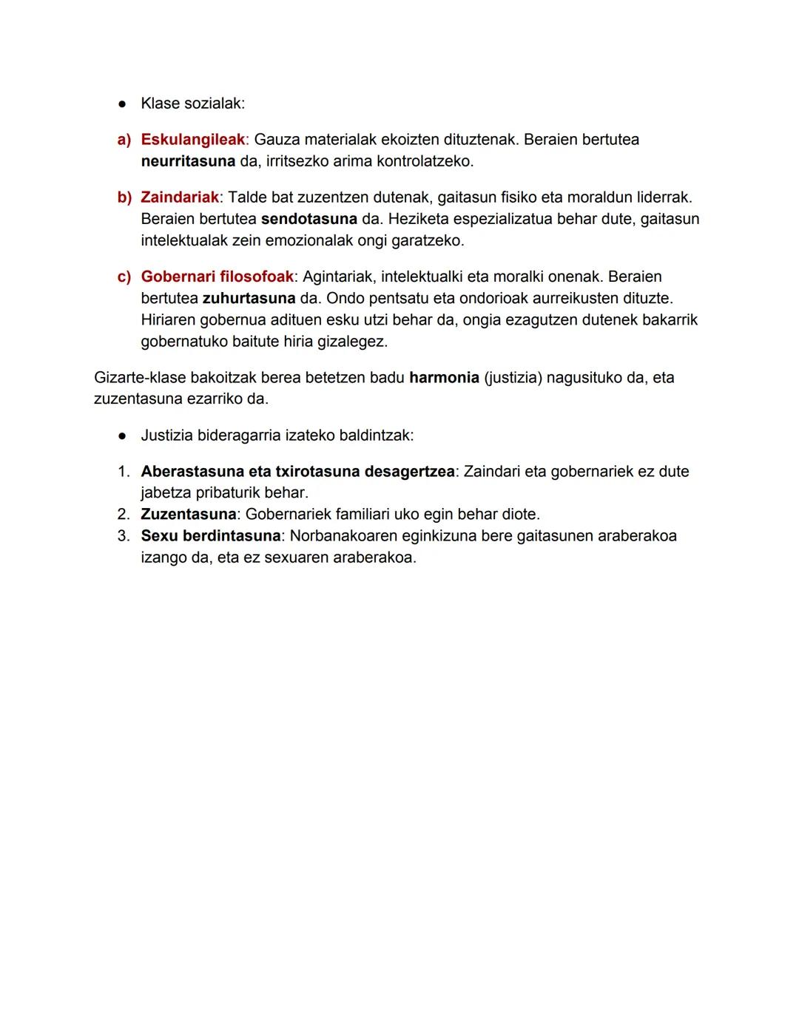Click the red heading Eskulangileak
[192, 140]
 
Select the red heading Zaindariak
[180, 197]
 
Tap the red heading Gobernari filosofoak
[217, 277]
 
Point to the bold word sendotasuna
[309, 219]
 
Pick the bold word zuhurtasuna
[248, 298]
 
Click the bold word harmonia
[444, 378]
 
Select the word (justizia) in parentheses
[513, 378]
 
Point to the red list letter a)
[124, 140]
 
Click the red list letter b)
[124, 197]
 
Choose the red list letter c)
[124, 277]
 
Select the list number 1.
[124, 472]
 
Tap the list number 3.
[124, 536]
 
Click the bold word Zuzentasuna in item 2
[188, 514]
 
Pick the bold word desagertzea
[409, 472]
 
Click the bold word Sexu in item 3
[159, 536]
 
